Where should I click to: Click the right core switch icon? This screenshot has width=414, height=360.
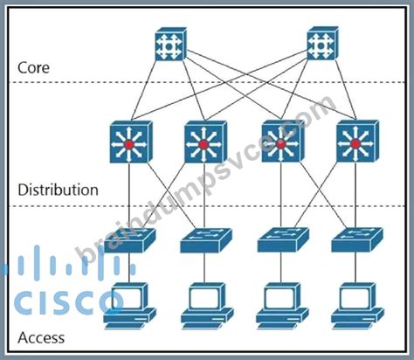click(323, 44)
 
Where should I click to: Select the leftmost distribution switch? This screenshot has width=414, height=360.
click(131, 142)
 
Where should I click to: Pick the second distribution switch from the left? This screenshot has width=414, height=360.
click(205, 142)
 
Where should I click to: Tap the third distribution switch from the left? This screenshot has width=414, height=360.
click(283, 142)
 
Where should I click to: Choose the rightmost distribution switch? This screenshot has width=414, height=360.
click(357, 142)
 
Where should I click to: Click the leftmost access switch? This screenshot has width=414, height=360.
click(129, 240)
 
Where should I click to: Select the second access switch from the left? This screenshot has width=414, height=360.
click(206, 240)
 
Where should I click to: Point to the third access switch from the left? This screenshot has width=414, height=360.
click(283, 239)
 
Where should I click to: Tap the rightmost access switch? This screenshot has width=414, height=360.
click(357, 239)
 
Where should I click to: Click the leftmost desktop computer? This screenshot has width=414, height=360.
click(130, 306)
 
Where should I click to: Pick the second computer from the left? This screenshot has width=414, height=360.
click(207, 306)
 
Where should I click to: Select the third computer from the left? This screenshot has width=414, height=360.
click(282, 306)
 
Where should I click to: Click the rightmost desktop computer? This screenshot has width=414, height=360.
click(357, 306)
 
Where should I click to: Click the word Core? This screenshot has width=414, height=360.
click(33, 67)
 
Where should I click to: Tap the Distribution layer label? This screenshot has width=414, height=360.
click(58, 190)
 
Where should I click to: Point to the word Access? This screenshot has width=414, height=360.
click(41, 338)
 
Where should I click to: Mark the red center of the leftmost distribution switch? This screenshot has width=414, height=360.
click(128, 144)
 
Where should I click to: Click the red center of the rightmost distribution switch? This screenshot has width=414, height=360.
click(355, 143)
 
